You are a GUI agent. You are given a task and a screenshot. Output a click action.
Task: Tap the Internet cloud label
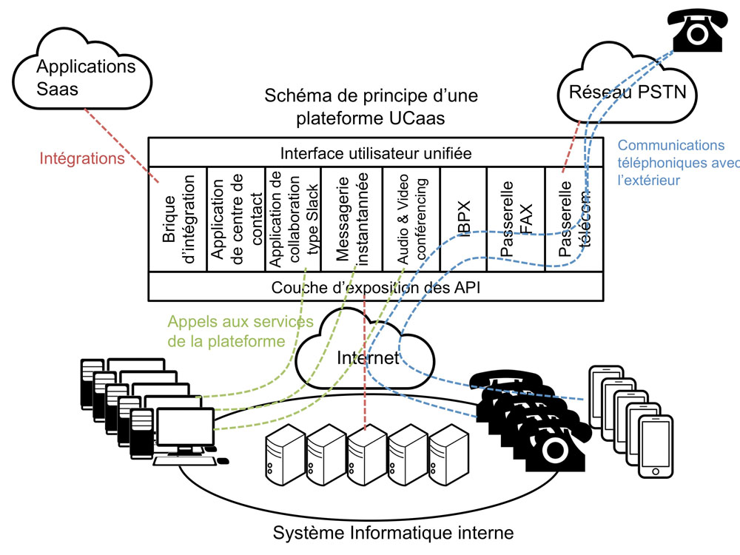(x=368, y=358)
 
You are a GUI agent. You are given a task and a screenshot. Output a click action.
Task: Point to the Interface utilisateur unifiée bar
(x=376, y=153)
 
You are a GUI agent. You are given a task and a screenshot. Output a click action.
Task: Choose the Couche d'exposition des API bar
(x=376, y=287)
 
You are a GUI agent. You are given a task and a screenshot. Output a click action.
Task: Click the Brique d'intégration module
(x=178, y=219)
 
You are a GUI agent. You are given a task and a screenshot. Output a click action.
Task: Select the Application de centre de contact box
(x=235, y=219)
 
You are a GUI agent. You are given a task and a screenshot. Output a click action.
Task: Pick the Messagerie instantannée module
(x=352, y=219)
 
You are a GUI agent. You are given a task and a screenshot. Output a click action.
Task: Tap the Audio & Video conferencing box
(x=411, y=219)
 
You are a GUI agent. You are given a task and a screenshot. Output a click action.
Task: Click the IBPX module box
(x=463, y=219)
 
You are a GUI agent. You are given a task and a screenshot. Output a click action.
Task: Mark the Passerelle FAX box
(x=516, y=219)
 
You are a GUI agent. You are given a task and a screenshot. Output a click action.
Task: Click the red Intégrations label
(x=81, y=158)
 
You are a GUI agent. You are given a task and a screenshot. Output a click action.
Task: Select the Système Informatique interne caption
(x=393, y=532)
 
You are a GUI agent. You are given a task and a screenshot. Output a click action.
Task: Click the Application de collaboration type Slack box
(x=294, y=219)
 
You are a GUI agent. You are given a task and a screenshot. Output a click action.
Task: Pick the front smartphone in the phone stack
(x=656, y=447)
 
